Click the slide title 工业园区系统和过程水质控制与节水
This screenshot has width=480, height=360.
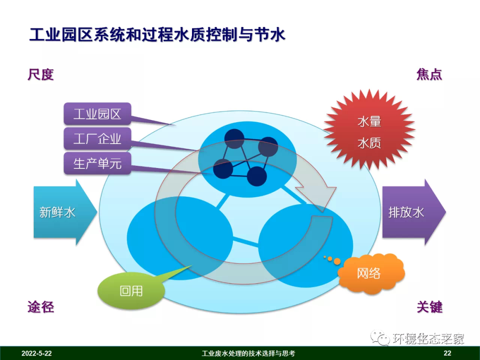click(157, 35)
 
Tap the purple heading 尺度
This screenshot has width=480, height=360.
click(40, 74)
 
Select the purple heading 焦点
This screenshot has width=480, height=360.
click(429, 74)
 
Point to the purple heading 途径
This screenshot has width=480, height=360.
click(40, 307)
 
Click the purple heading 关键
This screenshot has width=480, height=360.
click(429, 307)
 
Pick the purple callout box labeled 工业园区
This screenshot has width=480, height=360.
click(97, 114)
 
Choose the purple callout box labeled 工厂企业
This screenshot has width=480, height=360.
click(97, 139)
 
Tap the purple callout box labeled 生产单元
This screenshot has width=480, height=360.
click(97, 164)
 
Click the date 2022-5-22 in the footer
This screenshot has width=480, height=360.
click(36, 354)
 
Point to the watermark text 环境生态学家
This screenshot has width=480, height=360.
click(428, 339)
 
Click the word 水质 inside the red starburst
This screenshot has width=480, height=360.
click(369, 143)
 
